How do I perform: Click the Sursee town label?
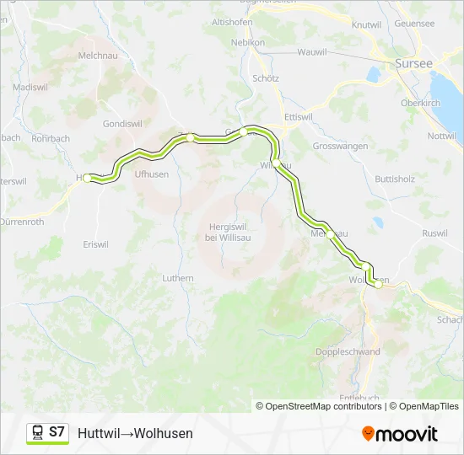[x=413, y=63]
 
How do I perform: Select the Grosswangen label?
[x=340, y=146]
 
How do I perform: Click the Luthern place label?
[x=178, y=278]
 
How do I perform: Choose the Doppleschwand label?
[x=348, y=352]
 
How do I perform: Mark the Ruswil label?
[x=434, y=233]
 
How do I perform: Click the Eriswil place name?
[x=95, y=244]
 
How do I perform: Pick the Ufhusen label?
[x=152, y=174]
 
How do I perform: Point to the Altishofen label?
[x=233, y=21]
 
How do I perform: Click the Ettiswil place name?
[x=299, y=116]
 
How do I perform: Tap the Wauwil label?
[x=311, y=52]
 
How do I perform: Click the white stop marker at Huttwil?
[x=88, y=179]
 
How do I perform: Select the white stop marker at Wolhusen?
[x=378, y=285]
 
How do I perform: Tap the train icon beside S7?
[x=38, y=433]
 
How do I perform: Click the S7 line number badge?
[x=57, y=432]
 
